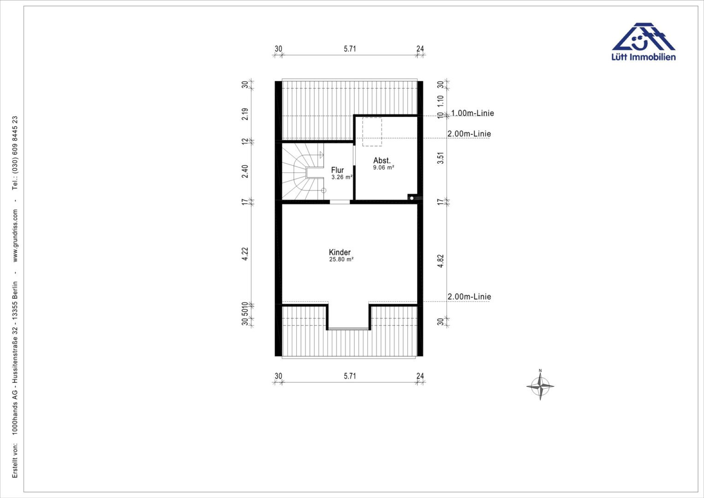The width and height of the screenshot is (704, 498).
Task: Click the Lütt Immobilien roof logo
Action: pos(643,36)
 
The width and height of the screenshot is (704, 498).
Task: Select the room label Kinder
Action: pos(340,252)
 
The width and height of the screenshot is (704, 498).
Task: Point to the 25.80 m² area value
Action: pos(341,260)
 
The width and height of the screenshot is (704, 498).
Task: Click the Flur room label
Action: pos(337,170)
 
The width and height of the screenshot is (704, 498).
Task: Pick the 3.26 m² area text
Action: pos(342,177)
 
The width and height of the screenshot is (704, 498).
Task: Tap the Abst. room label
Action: pos(382,160)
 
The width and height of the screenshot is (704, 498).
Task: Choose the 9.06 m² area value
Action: pos(383,168)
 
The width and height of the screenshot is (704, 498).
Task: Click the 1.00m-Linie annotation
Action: pos(472,113)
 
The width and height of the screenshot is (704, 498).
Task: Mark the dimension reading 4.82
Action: pos(440,261)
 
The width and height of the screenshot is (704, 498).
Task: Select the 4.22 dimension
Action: pos(245,254)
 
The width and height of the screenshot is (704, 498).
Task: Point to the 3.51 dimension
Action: pos(440,158)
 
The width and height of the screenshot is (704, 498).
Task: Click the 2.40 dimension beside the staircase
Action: pos(245,172)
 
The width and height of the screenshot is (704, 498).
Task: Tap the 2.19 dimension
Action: pos(245,114)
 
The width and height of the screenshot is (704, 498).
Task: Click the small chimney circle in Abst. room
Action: pos(412,198)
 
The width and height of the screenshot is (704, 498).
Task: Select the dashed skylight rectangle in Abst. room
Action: pos(372,132)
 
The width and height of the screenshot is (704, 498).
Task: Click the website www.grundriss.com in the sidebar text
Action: pos(15,236)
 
